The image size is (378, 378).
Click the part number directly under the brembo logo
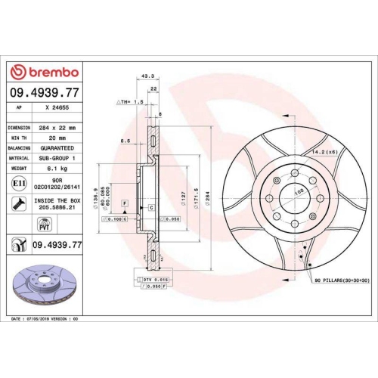[x=43, y=91]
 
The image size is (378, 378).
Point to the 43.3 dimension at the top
[x=147, y=76]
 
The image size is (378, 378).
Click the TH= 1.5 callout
[x=130, y=101]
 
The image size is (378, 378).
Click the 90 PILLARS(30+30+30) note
[x=331, y=280]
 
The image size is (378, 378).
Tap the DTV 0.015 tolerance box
[x=153, y=280]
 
